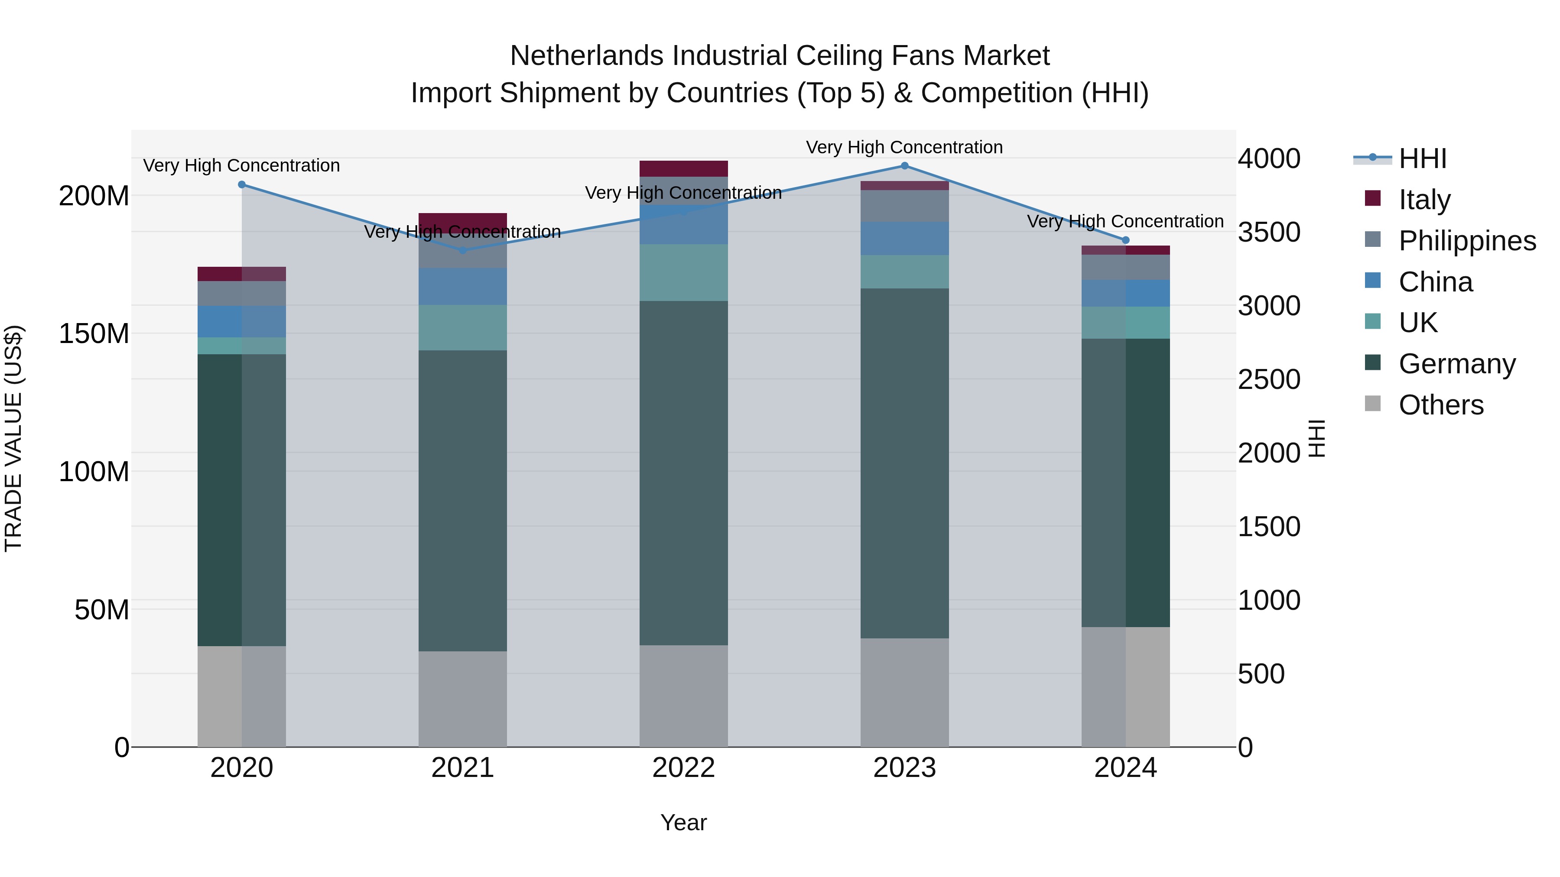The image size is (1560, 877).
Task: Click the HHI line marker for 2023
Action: [905, 166]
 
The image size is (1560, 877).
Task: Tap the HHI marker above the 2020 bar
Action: [242, 184]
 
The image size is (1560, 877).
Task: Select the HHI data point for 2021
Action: [463, 250]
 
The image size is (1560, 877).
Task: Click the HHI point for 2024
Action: [1126, 240]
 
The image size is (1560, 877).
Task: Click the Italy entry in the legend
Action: [1424, 200]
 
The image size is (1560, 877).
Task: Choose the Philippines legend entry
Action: [1467, 241]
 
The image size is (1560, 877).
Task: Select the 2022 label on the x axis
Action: [684, 768]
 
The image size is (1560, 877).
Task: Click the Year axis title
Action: [684, 822]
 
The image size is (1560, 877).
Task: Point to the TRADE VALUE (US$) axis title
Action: [14, 438]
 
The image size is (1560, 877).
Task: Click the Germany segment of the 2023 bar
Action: [905, 463]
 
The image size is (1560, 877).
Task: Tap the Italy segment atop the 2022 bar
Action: [684, 168]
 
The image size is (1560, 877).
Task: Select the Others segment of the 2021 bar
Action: [463, 699]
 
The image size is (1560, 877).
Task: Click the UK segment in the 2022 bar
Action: [684, 272]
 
